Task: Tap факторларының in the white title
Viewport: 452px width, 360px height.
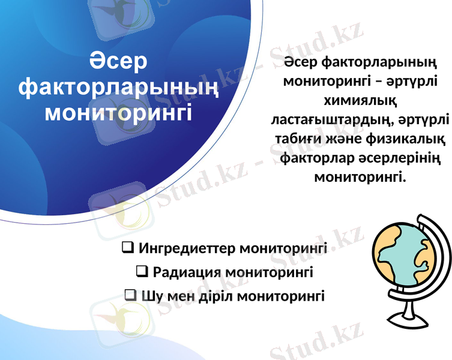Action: (119, 88)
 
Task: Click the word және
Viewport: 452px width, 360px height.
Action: (346, 140)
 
